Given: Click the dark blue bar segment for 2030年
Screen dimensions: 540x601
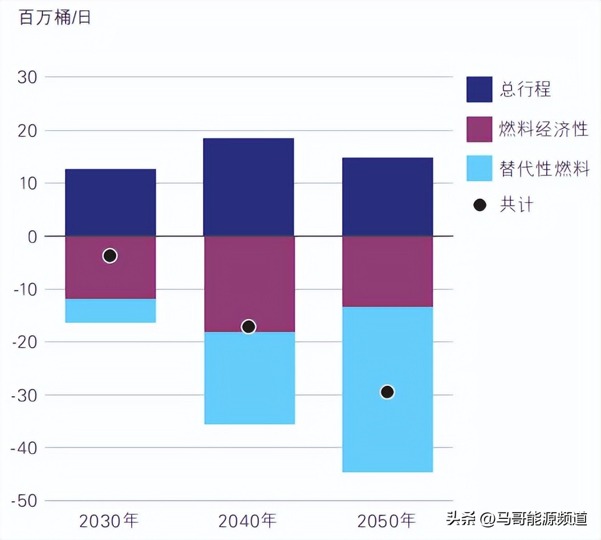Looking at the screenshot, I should [110, 202].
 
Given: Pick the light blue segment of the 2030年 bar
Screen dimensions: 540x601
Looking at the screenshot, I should [110, 311].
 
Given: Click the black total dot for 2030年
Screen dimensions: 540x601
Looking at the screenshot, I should [110, 256].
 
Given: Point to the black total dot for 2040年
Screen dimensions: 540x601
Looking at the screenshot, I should [249, 327].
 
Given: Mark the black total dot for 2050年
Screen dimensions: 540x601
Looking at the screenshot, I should [387, 392].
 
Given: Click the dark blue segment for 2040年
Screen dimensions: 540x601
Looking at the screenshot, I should [249, 187].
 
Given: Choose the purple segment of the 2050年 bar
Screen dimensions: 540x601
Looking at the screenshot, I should [387, 271].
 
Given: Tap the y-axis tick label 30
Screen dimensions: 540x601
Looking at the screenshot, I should [27, 77].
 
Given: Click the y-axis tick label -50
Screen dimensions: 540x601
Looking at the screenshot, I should [23, 501].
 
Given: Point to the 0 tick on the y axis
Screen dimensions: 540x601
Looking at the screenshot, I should [33, 236].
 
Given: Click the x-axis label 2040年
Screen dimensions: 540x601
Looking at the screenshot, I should [247, 520].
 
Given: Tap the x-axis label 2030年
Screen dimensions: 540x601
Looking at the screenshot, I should [109, 520].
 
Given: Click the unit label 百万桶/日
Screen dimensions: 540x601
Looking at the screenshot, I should [55, 17].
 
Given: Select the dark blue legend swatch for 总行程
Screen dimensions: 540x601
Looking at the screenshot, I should [479, 90].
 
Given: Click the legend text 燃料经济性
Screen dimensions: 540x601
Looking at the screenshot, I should [543, 130].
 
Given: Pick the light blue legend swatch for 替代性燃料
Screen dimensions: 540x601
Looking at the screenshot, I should [479, 168].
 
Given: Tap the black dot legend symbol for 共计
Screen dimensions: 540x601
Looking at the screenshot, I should [480, 205].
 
